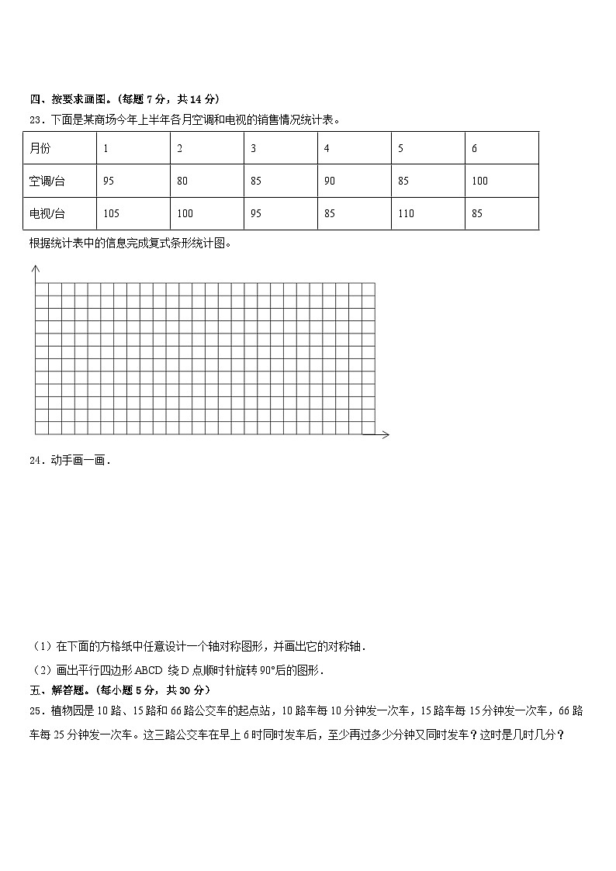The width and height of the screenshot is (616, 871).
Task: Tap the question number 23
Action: (x=35, y=119)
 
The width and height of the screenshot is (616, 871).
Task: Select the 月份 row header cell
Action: (x=40, y=148)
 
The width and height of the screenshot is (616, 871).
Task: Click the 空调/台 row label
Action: (x=47, y=181)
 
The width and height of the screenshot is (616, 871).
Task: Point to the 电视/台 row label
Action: (x=47, y=213)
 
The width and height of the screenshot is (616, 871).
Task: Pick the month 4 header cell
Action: (x=327, y=148)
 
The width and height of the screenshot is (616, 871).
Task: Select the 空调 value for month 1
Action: (x=108, y=181)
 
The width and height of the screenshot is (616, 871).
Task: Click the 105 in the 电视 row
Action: (x=111, y=213)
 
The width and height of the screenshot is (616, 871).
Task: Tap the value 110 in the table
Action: (x=406, y=213)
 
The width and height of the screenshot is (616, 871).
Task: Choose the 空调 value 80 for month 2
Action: (x=182, y=181)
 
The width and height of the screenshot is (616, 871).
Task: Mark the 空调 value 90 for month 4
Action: (x=330, y=181)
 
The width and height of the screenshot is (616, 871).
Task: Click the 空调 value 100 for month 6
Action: (x=479, y=181)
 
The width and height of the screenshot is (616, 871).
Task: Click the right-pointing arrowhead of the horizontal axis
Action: (x=386, y=434)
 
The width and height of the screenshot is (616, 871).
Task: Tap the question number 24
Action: (x=35, y=461)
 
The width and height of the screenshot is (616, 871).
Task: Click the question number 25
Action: (x=35, y=710)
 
